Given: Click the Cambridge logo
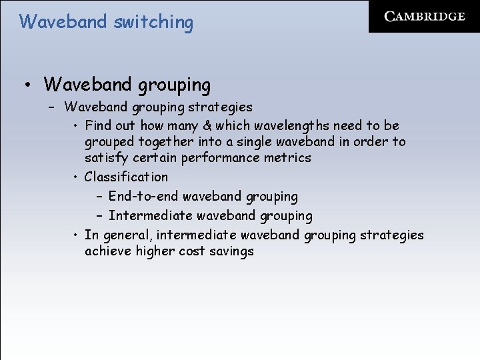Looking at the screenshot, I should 425,17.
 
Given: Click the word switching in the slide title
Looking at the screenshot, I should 153,22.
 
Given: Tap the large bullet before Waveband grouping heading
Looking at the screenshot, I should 26,86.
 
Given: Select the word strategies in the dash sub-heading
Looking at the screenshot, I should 221,107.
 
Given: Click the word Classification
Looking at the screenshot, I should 126,177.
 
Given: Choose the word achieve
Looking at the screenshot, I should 107,251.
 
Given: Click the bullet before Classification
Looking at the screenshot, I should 77,177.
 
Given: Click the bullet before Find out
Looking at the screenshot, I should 77,126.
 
